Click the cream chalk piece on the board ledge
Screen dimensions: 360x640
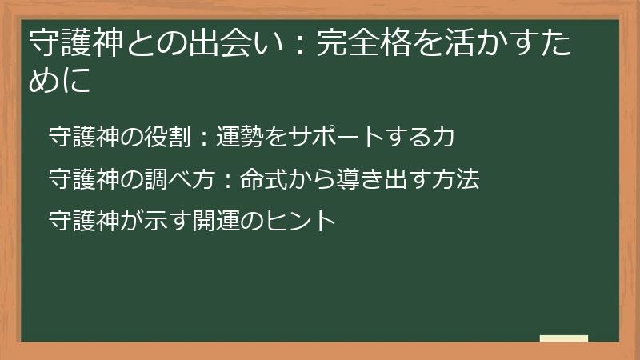(x=564, y=338)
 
